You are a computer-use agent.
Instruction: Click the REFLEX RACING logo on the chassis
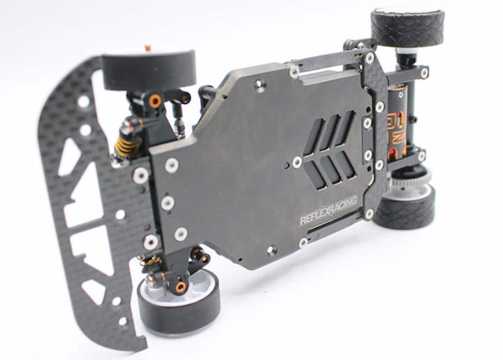tap(328, 210)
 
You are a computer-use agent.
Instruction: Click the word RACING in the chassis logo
tap(342, 207)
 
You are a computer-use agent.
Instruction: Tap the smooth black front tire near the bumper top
tap(148, 70)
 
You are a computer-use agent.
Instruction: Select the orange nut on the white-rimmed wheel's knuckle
tap(181, 287)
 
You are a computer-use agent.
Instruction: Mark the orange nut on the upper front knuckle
tap(154, 101)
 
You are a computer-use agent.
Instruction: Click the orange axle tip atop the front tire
tap(147, 48)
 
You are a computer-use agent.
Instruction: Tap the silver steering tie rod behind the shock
tap(182, 127)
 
